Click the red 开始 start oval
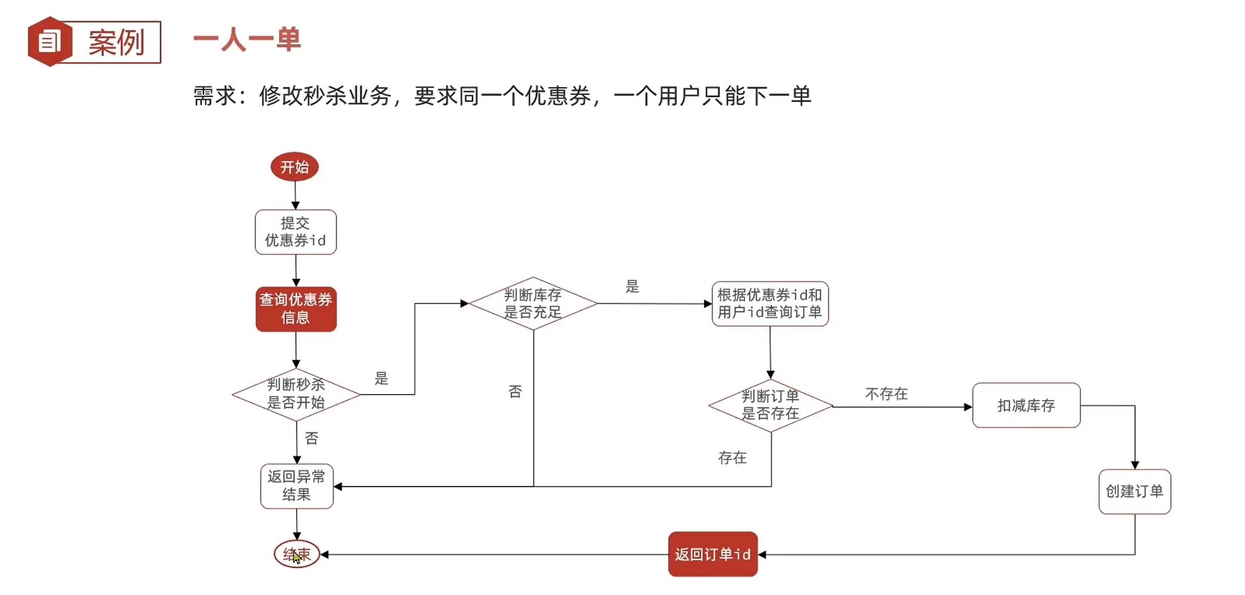tap(295, 167)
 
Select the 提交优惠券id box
tap(295, 232)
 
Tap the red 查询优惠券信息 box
tap(296, 309)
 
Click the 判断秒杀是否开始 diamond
tap(296, 394)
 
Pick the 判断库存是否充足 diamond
tap(533, 303)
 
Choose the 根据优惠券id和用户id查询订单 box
tap(770, 303)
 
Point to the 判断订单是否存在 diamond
tap(770, 405)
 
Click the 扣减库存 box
tap(1026, 405)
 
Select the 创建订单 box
tap(1134, 491)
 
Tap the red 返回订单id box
tap(712, 554)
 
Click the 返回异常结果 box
tap(296, 486)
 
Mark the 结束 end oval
tap(296, 554)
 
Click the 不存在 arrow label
tap(886, 394)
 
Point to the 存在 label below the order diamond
tap(733, 458)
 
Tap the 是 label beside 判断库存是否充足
tap(632, 287)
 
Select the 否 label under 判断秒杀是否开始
tap(311, 439)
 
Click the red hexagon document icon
tap(50, 42)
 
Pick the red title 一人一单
tap(247, 41)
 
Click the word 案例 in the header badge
tap(117, 42)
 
